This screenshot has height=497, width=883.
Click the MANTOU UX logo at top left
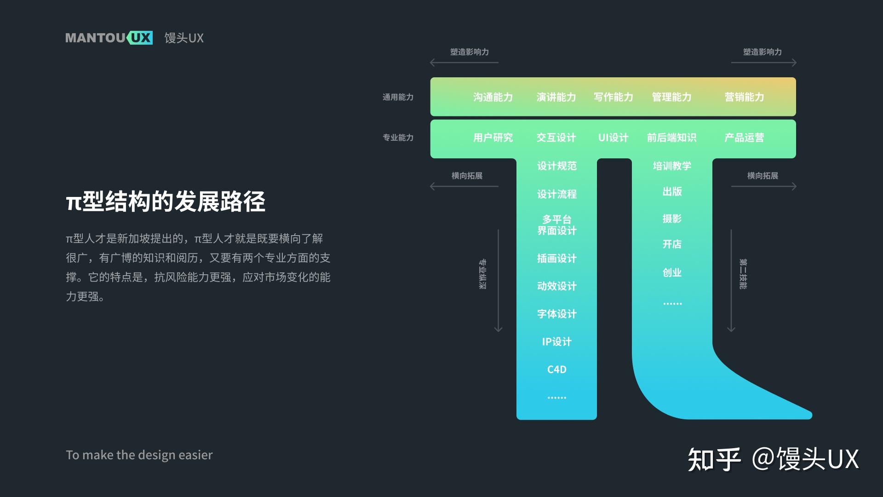coord(109,38)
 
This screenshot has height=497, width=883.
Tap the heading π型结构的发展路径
coord(166,202)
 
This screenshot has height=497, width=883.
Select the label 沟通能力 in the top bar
coord(493,97)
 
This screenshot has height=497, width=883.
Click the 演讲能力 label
coord(556,97)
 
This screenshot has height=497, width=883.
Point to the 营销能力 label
coord(744,97)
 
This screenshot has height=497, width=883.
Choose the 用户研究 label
coord(493,138)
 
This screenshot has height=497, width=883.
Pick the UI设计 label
coord(613,138)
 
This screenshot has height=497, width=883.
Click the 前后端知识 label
coord(671,138)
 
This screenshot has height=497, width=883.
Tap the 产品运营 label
coord(744,138)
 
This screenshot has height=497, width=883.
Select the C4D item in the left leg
coord(556,370)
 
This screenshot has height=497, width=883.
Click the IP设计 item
coord(556,341)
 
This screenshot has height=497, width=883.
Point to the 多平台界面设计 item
coord(556,225)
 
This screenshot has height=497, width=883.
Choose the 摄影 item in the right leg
coord(672,219)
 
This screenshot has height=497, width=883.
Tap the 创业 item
coord(672,272)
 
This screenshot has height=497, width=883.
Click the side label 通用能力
coord(398,97)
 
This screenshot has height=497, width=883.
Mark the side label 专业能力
coord(398,138)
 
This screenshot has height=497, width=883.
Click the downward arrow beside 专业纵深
coord(498,281)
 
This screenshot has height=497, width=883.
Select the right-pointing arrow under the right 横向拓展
coord(763,186)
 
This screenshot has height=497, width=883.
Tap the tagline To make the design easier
coord(139,455)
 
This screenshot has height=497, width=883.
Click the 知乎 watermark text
coord(714,459)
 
